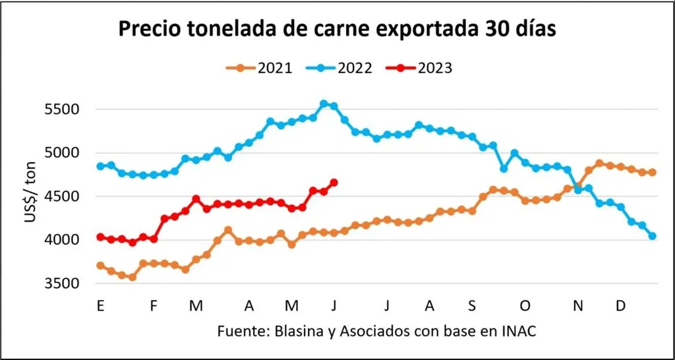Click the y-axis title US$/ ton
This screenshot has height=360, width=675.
pos(30,196)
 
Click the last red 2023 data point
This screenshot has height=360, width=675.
pos(334,183)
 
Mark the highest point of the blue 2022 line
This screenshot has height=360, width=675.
pos(324,104)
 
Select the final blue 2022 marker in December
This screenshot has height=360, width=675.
pos(653,236)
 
